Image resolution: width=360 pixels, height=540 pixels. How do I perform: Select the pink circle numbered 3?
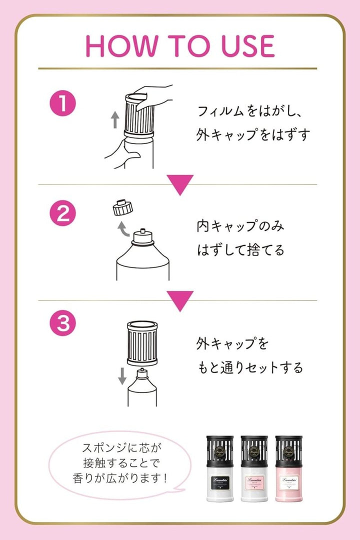point(62,324)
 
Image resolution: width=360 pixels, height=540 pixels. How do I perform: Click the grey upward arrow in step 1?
point(114,120)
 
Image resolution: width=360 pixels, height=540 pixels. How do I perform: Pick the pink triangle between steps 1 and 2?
point(180,184)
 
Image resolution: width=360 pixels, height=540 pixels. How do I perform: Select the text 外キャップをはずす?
point(252,134)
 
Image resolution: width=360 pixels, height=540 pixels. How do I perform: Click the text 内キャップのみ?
point(240,226)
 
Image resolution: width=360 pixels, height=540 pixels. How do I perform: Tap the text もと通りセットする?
point(249,368)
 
